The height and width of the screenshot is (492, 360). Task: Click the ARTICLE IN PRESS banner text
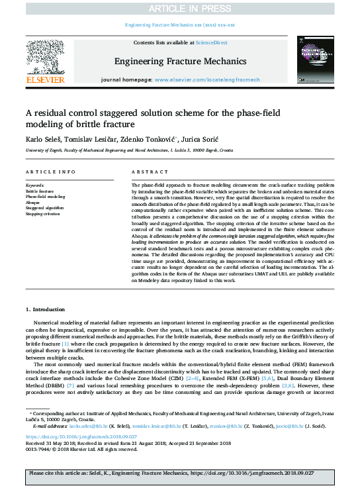[x=179, y=9]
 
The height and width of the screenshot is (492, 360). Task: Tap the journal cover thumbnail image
[x=314, y=58]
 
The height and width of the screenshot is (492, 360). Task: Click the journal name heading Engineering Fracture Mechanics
[x=180, y=62]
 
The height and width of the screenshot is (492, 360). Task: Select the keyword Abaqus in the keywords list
[x=34, y=203]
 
